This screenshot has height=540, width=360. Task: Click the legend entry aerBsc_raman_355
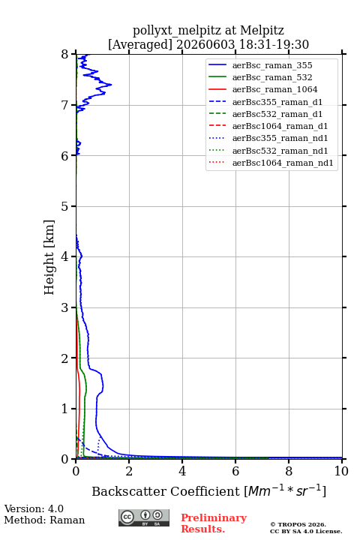tap(272, 65)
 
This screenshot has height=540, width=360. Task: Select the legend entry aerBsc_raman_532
tap(272, 77)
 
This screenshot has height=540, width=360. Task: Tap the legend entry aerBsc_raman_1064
tap(275, 89)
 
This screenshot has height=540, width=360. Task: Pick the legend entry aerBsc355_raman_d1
tap(277, 102)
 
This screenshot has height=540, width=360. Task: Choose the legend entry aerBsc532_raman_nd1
tap(280, 151)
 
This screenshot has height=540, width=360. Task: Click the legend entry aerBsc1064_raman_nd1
tap(283, 163)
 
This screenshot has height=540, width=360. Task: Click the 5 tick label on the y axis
tap(65, 206)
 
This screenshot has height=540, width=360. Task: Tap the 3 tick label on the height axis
tap(65, 307)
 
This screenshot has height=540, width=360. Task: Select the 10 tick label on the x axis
tap(341, 471)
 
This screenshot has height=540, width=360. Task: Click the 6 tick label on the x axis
tap(235, 471)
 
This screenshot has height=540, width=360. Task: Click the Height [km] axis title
tap(49, 257)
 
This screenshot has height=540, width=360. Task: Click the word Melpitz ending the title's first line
tap(262, 30)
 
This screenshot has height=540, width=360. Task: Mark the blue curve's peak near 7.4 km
tap(111, 84)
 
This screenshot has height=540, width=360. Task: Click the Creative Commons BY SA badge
tap(144, 517)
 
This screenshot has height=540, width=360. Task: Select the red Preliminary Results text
tap(214, 523)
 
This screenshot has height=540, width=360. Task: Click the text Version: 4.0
tap(34, 508)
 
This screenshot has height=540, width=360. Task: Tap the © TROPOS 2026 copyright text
tap(298, 524)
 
